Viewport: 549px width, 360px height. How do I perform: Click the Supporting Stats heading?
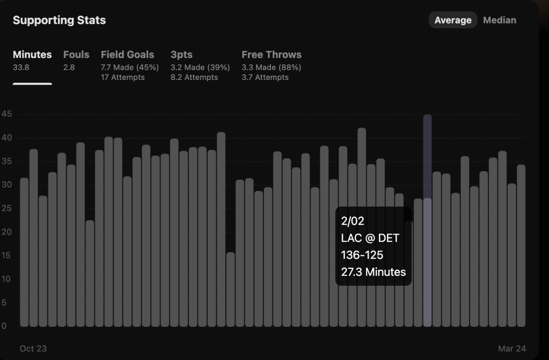(x=59, y=20)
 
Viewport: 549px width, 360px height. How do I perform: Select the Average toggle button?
(x=452, y=20)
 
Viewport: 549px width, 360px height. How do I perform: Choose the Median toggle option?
(x=499, y=20)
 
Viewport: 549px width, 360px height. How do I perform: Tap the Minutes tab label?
(x=32, y=55)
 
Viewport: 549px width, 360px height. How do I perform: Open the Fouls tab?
(x=76, y=55)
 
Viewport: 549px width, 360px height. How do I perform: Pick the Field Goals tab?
(x=127, y=55)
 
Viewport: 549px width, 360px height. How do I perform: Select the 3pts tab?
(x=181, y=55)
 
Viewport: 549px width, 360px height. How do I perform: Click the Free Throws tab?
(x=271, y=55)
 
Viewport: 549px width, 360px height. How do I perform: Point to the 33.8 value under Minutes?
(x=21, y=68)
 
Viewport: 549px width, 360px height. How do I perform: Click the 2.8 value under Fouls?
(x=69, y=68)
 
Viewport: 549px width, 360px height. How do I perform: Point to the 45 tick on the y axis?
(x=6, y=114)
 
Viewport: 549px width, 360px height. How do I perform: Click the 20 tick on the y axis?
(x=6, y=232)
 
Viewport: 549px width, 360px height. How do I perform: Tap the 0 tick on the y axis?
(x=4, y=326)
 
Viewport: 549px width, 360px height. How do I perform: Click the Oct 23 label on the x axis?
(x=33, y=349)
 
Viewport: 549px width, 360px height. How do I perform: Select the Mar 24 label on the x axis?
(x=511, y=349)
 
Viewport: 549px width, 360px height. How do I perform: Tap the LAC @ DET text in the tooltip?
(x=370, y=238)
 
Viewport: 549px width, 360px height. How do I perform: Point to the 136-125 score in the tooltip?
(x=362, y=255)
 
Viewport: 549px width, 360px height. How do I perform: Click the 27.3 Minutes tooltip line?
(x=373, y=272)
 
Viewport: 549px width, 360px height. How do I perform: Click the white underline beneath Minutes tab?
(x=32, y=84)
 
